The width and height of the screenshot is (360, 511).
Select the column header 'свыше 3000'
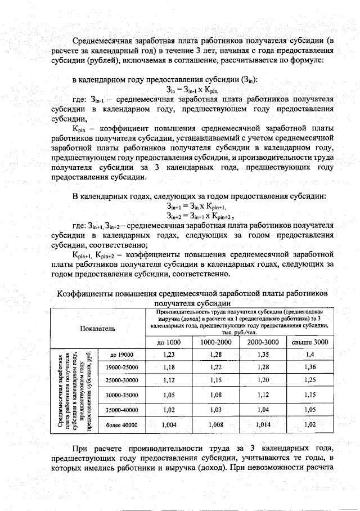click(x=309, y=342)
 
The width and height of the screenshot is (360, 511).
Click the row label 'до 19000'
click(x=121, y=355)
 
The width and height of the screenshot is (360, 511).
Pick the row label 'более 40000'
click(x=121, y=425)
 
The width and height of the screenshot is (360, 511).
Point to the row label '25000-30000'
click(x=121, y=380)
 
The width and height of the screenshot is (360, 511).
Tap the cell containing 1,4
click(x=309, y=355)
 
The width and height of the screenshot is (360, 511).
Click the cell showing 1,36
click(x=309, y=367)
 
